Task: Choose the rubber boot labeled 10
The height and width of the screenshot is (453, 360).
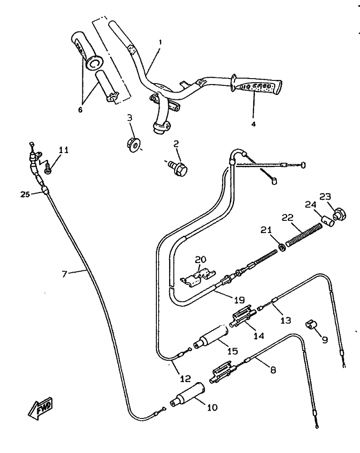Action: tap(188, 394)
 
